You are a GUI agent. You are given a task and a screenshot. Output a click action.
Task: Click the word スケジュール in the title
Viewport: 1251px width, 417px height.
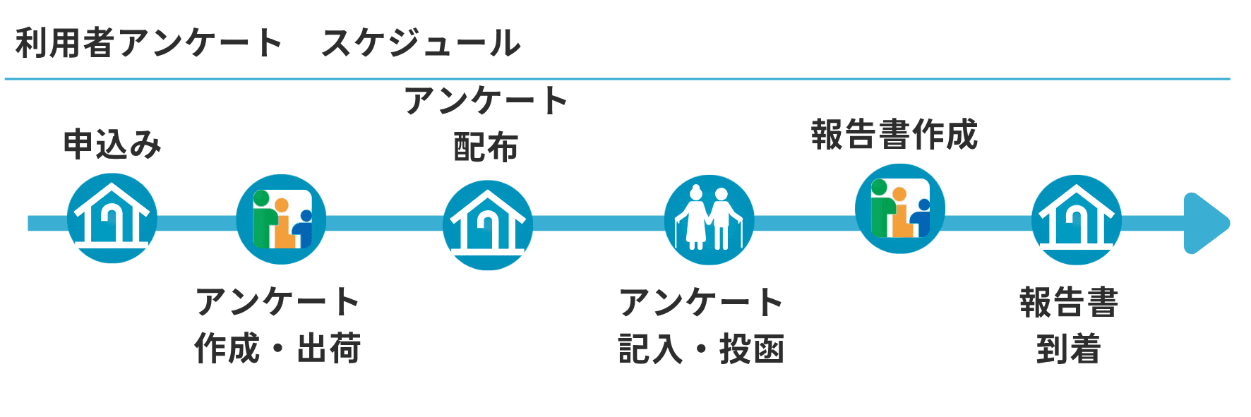click(x=421, y=43)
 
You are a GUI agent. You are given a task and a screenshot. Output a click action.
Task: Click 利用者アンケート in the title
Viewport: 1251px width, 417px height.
click(x=148, y=43)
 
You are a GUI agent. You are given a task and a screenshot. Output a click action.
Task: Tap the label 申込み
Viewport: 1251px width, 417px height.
click(x=112, y=145)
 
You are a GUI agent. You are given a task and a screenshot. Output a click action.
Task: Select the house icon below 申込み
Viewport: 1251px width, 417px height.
click(x=112, y=219)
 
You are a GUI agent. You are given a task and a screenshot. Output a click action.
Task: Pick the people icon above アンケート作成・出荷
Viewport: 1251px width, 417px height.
click(x=281, y=219)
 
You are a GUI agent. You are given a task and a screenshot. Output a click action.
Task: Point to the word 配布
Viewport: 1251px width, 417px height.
click(x=486, y=147)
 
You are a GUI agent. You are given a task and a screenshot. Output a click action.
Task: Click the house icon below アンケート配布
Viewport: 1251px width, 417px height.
click(x=488, y=225)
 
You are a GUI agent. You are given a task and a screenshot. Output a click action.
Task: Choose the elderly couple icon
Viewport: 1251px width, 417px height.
click(x=710, y=220)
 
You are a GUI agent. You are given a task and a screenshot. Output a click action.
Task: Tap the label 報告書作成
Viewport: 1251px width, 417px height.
click(x=894, y=134)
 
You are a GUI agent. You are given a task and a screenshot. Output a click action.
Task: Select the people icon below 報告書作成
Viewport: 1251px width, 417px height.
click(x=900, y=209)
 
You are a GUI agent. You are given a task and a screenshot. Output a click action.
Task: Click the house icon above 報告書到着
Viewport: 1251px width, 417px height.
click(x=1077, y=220)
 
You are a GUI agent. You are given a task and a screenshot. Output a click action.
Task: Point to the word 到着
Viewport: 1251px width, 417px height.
click(x=1069, y=349)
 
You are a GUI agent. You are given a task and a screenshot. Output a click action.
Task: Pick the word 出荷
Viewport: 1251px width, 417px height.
click(x=329, y=349)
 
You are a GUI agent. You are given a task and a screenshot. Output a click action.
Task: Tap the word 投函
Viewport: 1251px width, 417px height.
click(x=752, y=349)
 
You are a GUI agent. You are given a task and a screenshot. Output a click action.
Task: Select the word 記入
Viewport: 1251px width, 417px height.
click(x=651, y=349)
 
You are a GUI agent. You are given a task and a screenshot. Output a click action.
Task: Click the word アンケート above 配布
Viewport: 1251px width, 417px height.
click(x=486, y=101)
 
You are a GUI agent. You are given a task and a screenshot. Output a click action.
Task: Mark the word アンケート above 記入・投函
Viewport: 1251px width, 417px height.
click(x=701, y=303)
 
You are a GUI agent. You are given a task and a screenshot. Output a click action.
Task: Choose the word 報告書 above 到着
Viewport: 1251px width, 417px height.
click(x=1069, y=303)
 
